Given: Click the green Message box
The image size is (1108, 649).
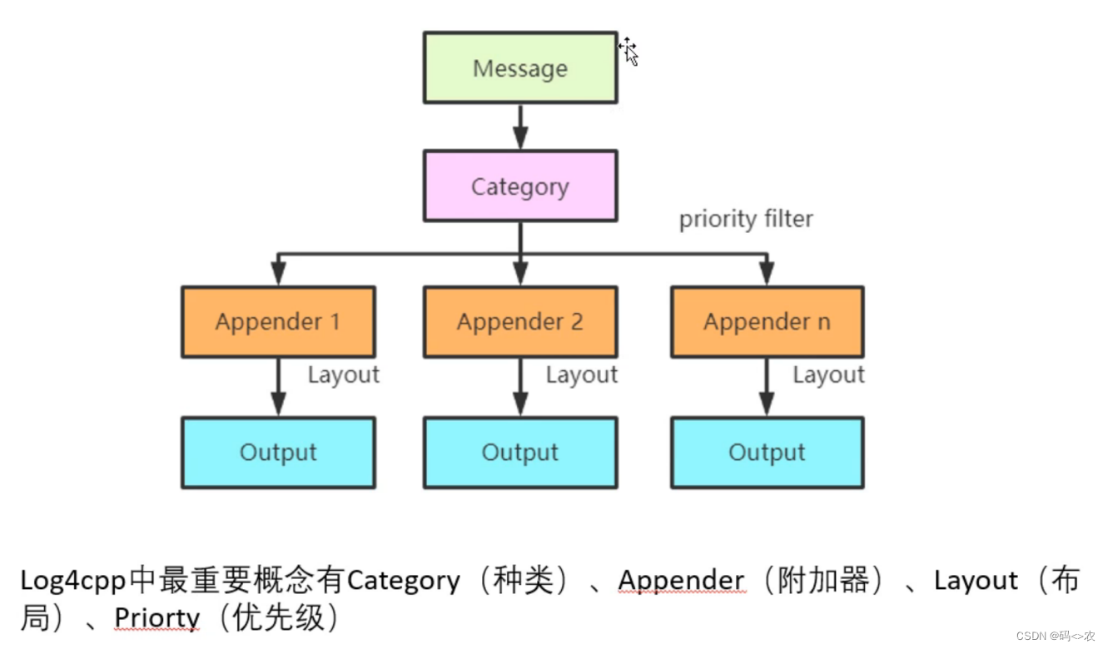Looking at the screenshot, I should tap(520, 68).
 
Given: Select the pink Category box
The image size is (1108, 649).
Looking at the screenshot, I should tap(520, 186).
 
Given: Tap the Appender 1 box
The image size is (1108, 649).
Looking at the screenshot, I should tap(278, 322).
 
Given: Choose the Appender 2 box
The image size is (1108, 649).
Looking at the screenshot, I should tap(520, 322).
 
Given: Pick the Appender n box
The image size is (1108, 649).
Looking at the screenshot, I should tap(767, 322).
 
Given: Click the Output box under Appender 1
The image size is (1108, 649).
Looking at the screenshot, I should tap(278, 453).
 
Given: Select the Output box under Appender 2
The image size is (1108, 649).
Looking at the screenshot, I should tap(520, 453).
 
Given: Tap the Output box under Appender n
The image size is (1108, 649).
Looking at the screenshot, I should tap(767, 453).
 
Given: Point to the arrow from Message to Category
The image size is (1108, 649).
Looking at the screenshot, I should tap(520, 126).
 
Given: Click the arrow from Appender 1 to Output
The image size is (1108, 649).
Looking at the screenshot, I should tap(278, 388).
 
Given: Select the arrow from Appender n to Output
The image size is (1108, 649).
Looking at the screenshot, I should tap(767, 388).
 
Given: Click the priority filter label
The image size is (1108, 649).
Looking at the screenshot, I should tap(746, 220).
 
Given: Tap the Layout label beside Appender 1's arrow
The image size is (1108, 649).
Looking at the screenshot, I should tap(343, 375).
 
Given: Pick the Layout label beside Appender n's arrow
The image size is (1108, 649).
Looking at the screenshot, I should tap(828, 375).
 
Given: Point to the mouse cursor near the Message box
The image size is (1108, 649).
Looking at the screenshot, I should tap(629, 52).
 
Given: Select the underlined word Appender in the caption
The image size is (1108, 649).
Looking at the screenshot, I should tap(681, 580).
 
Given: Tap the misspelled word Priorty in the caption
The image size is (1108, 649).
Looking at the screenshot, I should tap(157, 617).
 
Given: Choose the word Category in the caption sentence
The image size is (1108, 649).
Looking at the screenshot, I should tap(403, 580).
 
